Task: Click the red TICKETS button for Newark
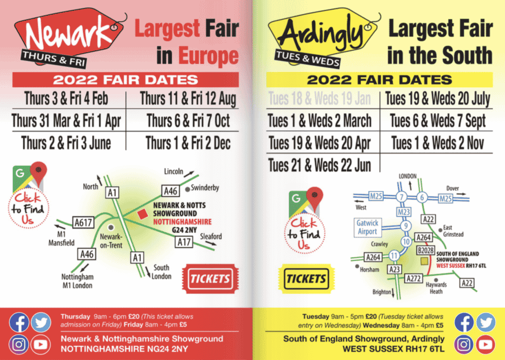pos(211,279)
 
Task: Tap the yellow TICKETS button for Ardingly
pos(306,279)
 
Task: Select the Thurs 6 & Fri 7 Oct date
pos(188,120)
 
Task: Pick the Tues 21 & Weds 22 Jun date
pos(319,165)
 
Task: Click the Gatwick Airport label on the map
pos(367,227)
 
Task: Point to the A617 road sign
pos(83,223)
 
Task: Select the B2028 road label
pos(425,251)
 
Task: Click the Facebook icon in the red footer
pos(19,322)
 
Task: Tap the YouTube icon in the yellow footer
pos(486,344)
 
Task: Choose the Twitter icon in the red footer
pos(41,322)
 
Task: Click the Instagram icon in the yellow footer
pos(464,344)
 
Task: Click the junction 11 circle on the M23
pos(394,255)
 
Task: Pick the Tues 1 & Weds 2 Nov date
pos(437,143)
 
